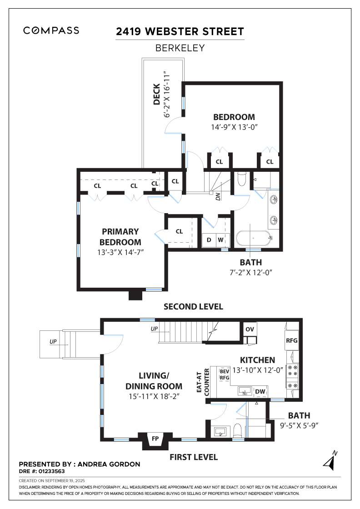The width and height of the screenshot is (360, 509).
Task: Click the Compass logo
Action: (51, 30)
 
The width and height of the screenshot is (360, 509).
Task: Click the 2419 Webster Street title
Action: (180, 31)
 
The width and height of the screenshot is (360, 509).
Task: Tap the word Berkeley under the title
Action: (180, 47)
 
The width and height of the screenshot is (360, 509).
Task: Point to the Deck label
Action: (157, 94)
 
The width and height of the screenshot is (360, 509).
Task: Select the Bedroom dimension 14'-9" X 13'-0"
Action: (234, 127)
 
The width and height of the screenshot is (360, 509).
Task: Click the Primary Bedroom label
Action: (120, 236)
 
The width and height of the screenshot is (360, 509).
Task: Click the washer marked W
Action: (220, 240)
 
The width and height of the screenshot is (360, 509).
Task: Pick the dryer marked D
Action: (209, 240)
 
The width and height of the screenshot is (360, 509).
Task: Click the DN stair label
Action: (218, 197)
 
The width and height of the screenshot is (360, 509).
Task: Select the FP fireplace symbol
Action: (155, 439)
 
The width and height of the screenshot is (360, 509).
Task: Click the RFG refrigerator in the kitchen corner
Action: (291, 340)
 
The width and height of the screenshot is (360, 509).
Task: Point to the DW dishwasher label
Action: (260, 391)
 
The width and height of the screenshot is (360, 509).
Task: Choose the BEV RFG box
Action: (225, 374)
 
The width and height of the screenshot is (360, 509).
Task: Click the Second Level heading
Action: (193, 307)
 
